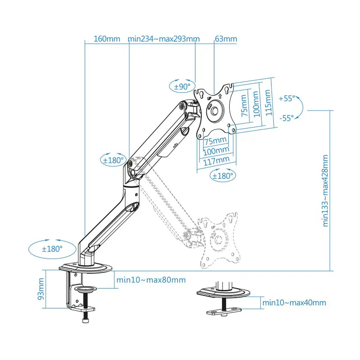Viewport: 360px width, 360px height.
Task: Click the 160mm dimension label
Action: coord(107,39)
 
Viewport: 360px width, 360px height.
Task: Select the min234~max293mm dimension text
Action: coord(164,39)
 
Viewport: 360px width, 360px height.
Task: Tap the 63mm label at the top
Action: coord(226,39)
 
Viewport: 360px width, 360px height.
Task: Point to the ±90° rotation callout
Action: coord(182,87)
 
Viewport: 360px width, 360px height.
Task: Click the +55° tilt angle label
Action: coord(287,98)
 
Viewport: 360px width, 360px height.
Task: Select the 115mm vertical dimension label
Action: coord(269,102)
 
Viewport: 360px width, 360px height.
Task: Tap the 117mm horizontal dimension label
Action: coord(217,160)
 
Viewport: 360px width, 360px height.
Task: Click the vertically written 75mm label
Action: coord(244,105)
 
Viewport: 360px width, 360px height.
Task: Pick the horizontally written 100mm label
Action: coord(217,150)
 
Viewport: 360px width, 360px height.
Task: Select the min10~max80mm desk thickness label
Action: coord(151,280)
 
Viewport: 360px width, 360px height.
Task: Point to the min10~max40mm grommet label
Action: coord(294,303)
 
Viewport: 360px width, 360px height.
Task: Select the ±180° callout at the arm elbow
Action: coord(114,160)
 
